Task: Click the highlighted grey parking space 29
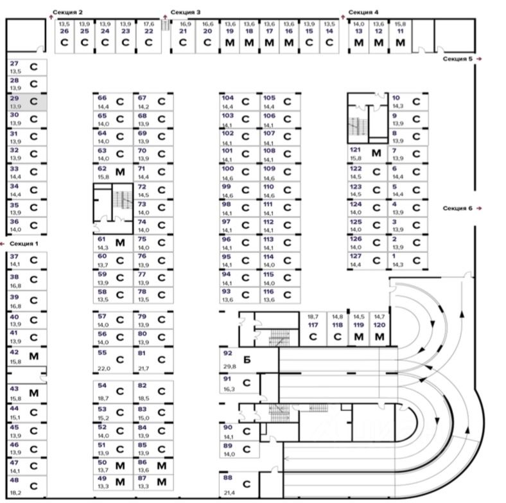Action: [x=26, y=101]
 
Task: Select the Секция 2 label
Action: [x=72, y=12]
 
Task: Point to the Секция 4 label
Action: [x=363, y=12]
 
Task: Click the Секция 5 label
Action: [x=457, y=58]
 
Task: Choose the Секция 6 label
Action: [x=457, y=208]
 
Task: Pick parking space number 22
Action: [x=148, y=36]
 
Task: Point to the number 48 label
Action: [x=14, y=481]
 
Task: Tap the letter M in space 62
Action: [x=119, y=172]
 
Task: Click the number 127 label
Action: [x=355, y=256]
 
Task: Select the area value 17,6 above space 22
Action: [x=148, y=23]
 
